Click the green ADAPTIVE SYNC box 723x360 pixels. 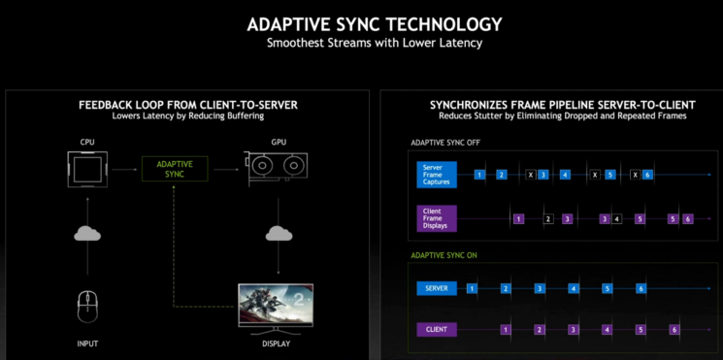point(174,170)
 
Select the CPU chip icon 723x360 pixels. point(87,171)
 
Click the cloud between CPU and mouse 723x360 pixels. point(87,234)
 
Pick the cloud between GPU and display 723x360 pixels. point(279,234)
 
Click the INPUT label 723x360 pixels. point(87,343)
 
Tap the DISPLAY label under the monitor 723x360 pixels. point(279,343)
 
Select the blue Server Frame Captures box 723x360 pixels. point(440,174)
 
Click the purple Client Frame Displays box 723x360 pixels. point(440,218)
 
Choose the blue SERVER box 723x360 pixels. point(436,288)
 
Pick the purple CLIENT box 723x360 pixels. point(436,330)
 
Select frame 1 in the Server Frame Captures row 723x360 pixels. point(479,175)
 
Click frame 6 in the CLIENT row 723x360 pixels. point(674,330)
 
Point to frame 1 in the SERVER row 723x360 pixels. point(472,288)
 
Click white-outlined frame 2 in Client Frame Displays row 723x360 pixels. point(548,219)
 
